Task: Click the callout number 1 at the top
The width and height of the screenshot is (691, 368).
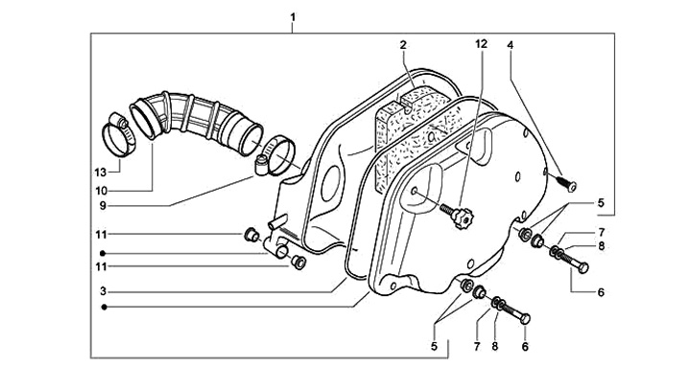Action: point(293,17)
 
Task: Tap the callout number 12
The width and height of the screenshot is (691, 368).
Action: point(482,44)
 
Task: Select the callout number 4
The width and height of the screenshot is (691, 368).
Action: point(511,45)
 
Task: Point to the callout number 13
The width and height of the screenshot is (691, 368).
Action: point(101,172)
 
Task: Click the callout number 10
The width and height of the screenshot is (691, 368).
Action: point(101,191)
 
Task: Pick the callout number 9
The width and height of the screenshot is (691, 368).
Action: point(103,206)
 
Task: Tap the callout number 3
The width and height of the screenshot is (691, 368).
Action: point(103,291)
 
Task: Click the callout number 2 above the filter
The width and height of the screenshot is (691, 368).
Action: point(403,45)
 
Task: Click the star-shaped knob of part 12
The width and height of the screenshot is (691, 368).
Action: point(463,218)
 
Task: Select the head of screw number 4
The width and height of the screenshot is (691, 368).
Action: point(572,187)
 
